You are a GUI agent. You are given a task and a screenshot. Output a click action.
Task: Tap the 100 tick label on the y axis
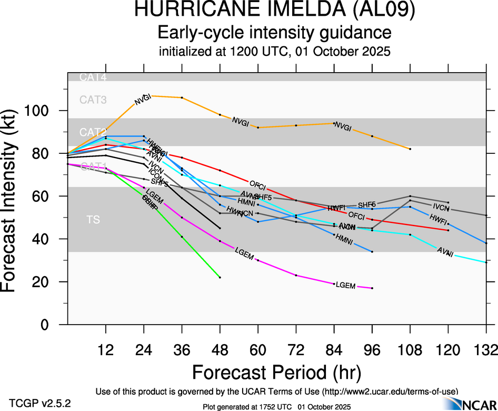point(40,111)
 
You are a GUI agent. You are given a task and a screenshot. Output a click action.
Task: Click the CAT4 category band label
point(93,77)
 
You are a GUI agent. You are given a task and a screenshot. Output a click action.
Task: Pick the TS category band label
point(93,219)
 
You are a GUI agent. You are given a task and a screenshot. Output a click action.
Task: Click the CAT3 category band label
point(93,99)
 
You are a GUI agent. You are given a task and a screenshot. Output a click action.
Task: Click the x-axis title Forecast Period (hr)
point(276,373)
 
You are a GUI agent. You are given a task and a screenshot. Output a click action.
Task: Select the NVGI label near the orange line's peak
point(143,99)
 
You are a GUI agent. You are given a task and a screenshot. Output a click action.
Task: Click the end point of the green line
point(220,277)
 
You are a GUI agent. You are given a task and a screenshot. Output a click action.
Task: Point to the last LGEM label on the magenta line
point(345,286)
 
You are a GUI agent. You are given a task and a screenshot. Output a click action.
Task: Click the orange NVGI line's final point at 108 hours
point(410,149)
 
